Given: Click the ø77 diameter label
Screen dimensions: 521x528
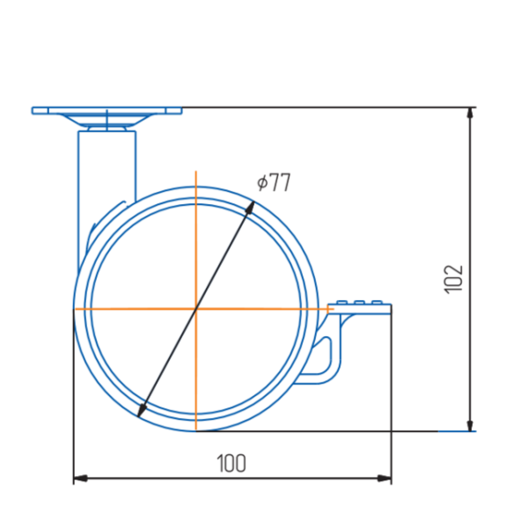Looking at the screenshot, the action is [274, 182].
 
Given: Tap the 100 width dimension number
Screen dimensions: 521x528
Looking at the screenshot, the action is [231, 464].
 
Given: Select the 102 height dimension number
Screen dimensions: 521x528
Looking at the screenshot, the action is [453, 279].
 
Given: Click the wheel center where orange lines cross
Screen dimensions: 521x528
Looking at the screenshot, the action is [196, 309].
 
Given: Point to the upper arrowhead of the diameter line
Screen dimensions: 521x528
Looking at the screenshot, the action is [251, 208].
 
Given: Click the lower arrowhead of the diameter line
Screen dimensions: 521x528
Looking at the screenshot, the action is [142, 410].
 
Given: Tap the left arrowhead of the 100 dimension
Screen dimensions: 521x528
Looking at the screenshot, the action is [80, 478].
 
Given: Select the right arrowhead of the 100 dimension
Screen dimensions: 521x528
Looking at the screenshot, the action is [385, 478].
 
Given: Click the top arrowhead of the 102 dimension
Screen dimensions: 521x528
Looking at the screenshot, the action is [471, 114].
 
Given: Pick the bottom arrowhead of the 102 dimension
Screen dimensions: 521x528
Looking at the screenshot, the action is [471, 425].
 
